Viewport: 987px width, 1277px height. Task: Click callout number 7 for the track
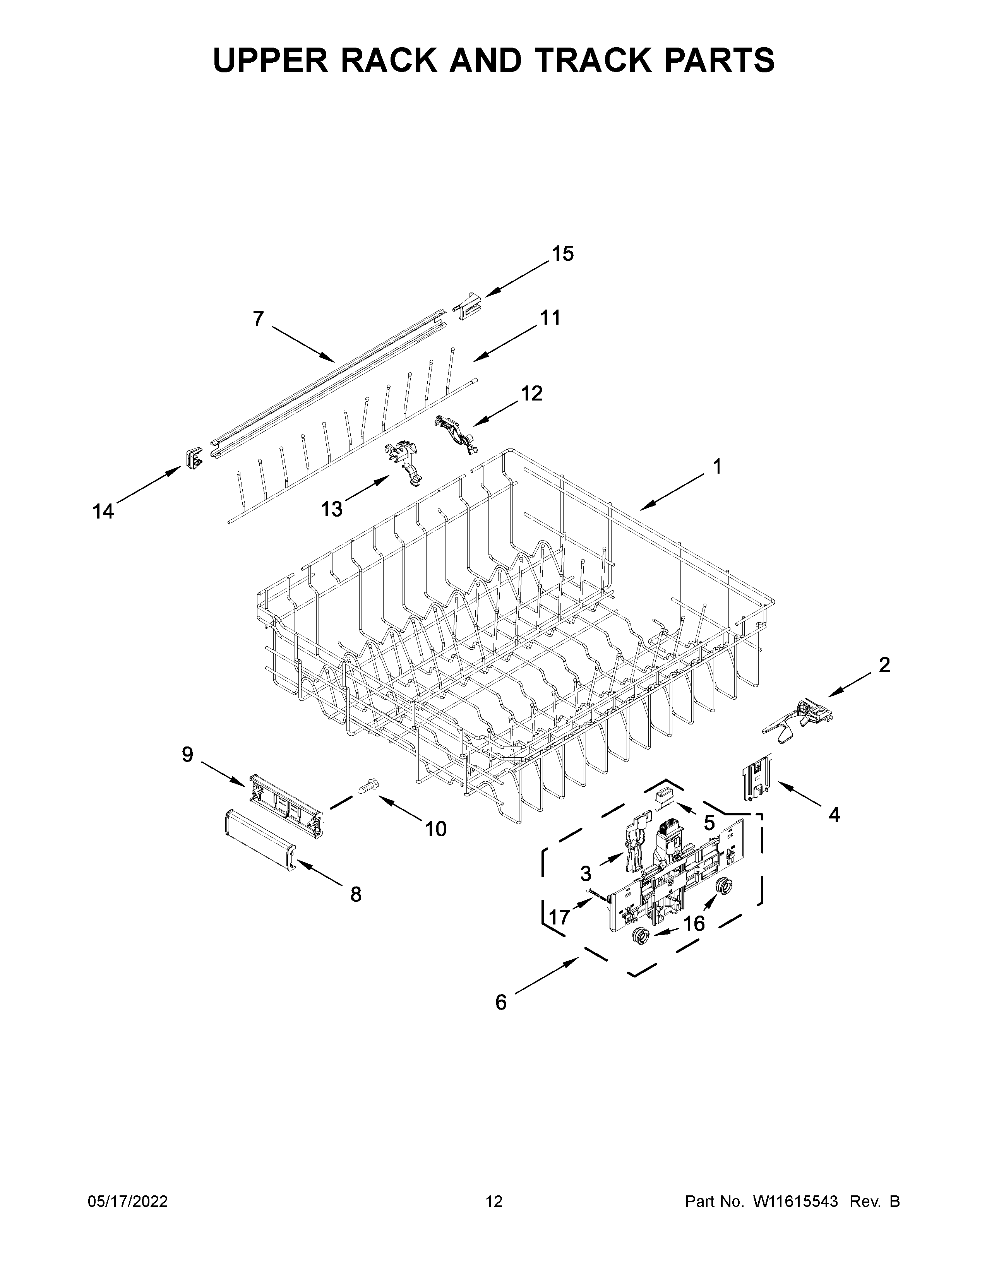(258, 319)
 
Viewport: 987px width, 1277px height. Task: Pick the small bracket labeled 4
(757, 776)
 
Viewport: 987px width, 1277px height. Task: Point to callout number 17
(560, 917)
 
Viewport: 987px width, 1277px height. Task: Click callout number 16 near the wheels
(694, 923)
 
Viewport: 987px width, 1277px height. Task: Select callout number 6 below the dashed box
(501, 1003)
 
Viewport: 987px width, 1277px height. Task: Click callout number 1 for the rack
(716, 467)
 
